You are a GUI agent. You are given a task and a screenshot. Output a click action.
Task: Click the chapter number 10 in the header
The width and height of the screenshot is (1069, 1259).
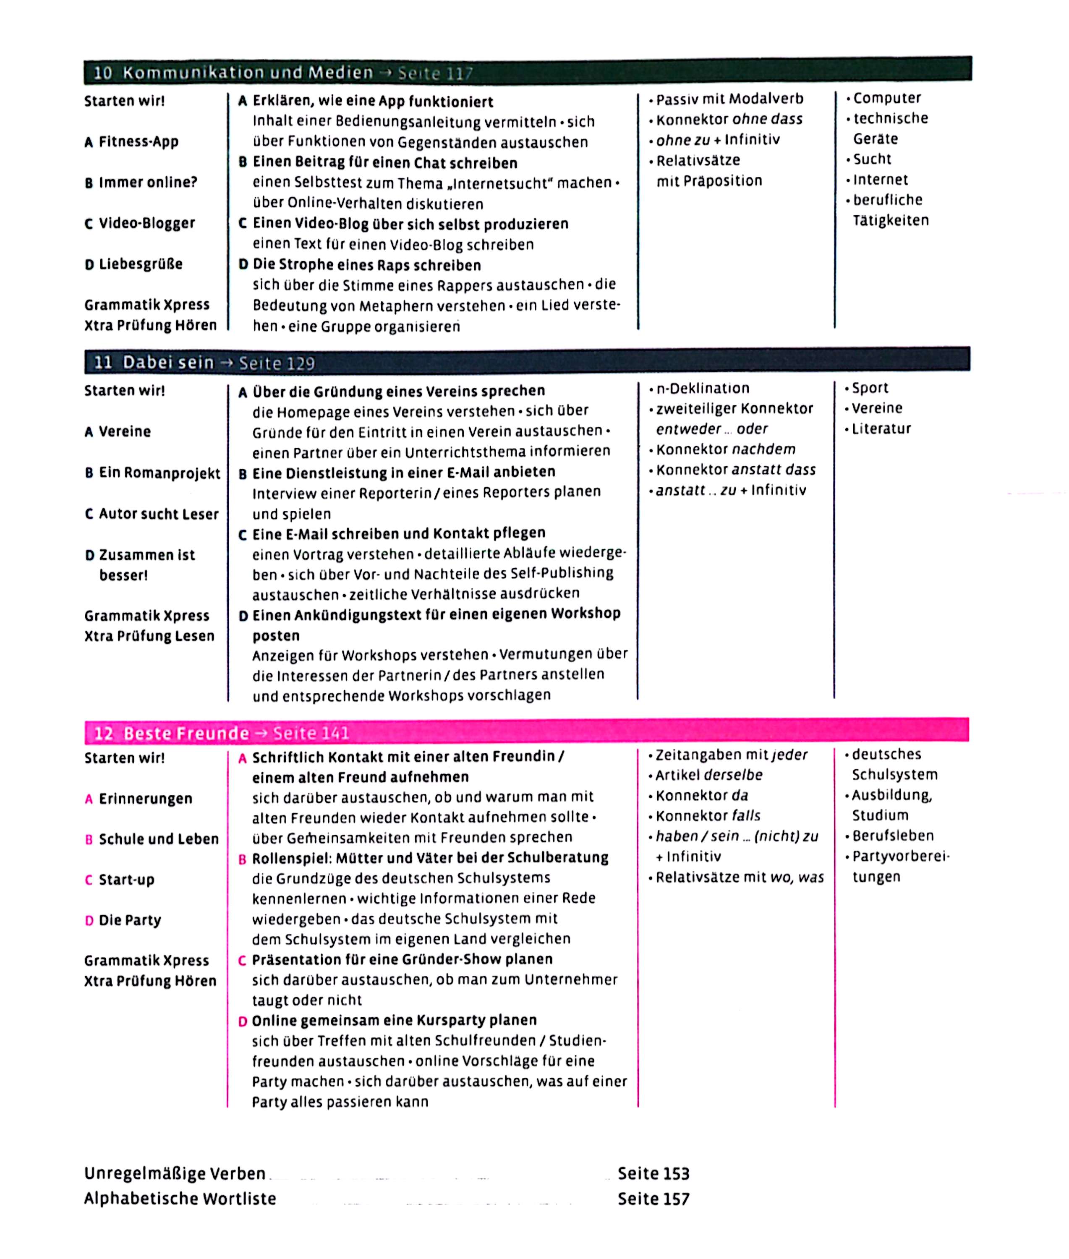pos(103,73)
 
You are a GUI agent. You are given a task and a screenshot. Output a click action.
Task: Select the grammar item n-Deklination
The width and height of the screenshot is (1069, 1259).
pos(702,388)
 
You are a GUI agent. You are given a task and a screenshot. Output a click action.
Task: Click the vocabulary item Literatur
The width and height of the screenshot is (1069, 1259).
pos(881,429)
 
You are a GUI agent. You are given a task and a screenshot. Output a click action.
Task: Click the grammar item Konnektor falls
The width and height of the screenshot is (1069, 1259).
pos(707,816)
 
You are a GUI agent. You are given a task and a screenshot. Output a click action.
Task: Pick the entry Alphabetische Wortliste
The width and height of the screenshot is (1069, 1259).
pos(180,1199)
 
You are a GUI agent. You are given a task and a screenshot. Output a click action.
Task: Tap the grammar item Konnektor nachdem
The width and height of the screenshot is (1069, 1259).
pos(725,449)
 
